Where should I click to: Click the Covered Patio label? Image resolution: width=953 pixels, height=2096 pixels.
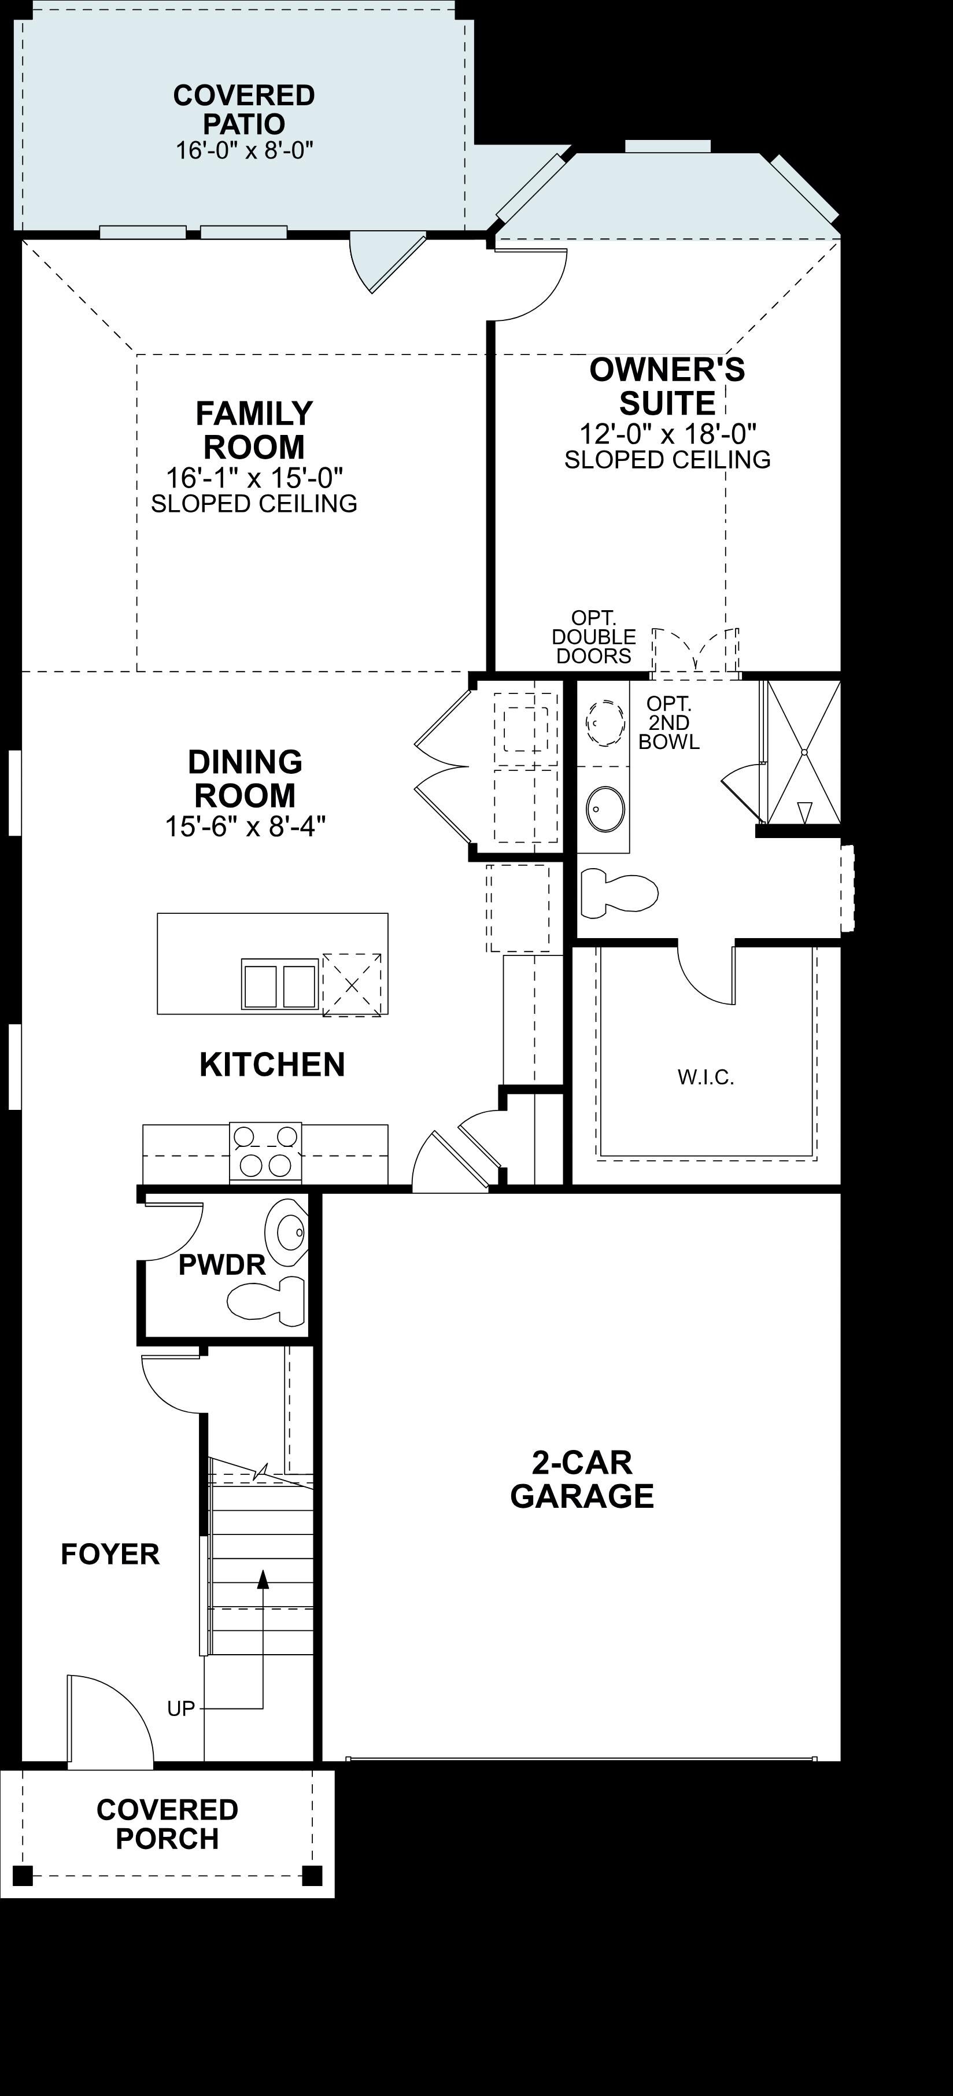point(244,109)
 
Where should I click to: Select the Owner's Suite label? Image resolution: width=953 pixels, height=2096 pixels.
point(667,386)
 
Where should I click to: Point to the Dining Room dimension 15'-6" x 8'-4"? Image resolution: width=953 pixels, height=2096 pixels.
point(245,826)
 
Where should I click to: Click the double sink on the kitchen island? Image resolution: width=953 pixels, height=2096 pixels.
point(279,984)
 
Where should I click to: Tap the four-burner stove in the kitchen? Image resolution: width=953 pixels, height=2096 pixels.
point(266,1152)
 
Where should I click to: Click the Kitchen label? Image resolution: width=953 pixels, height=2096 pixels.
point(272,1064)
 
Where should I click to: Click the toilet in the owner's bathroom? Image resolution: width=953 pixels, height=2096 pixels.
point(619,894)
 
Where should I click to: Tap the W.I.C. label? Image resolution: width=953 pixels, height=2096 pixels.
point(705,1078)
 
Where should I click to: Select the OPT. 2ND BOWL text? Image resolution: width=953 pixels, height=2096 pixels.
point(669,722)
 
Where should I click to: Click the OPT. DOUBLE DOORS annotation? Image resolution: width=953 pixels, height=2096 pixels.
point(594,637)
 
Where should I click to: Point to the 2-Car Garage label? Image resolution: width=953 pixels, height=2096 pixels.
point(582,1479)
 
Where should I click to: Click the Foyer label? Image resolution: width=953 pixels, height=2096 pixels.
point(110,1554)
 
